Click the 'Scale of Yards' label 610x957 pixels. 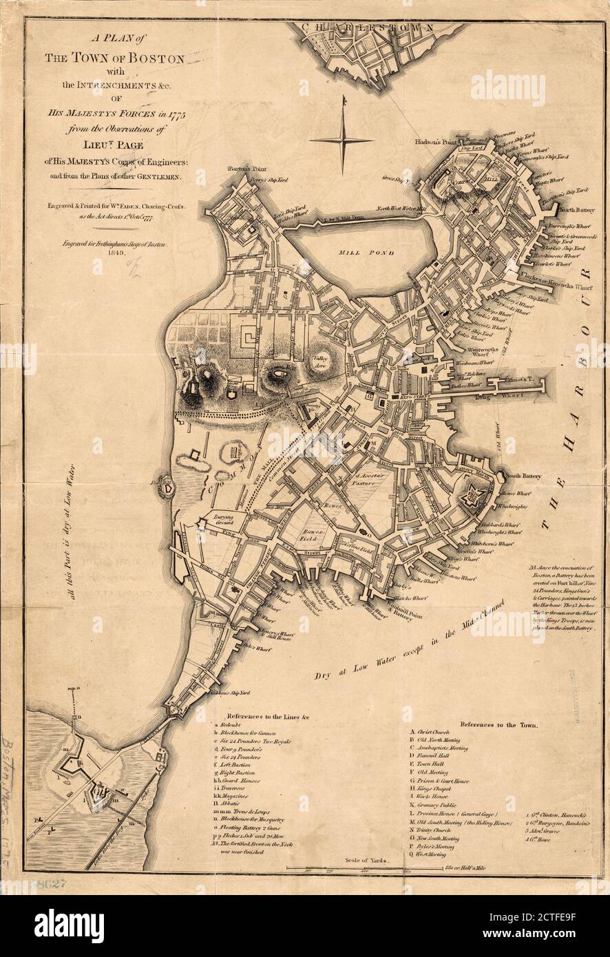click(x=366, y=860)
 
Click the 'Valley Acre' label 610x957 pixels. click(x=320, y=363)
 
